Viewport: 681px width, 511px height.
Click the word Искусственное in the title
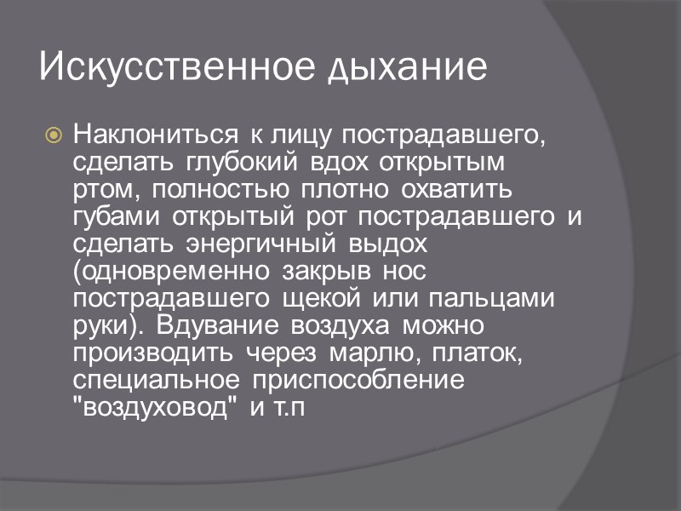177,67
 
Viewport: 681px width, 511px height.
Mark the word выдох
388,244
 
